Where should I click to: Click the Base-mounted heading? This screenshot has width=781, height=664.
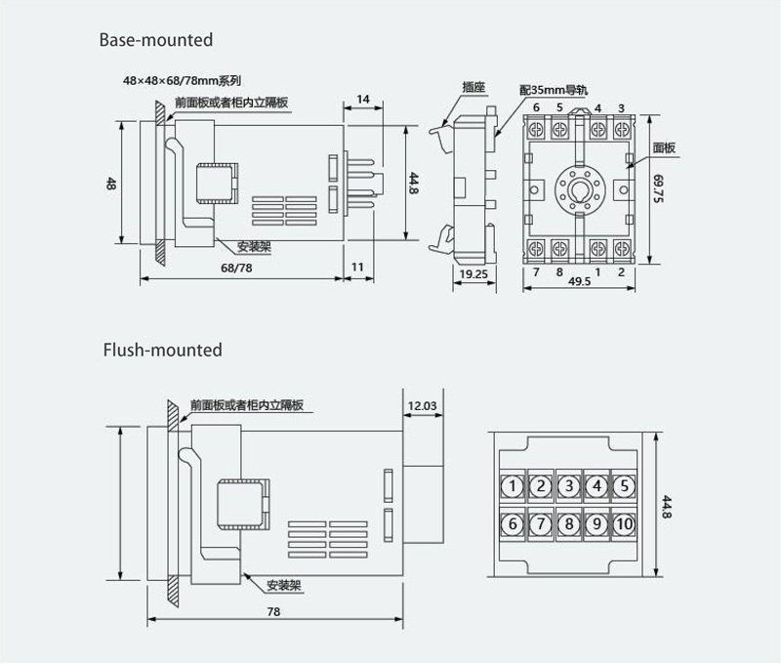pyautogui.click(x=156, y=40)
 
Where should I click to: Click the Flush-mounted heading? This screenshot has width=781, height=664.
pyautogui.click(x=162, y=350)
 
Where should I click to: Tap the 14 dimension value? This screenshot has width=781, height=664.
pyautogui.click(x=363, y=100)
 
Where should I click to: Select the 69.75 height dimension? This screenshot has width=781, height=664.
pyautogui.click(x=658, y=188)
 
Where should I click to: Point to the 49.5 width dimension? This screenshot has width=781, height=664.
pyautogui.click(x=579, y=281)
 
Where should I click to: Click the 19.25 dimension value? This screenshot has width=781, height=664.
pyautogui.click(x=473, y=274)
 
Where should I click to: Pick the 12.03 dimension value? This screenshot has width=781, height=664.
pyautogui.click(x=422, y=406)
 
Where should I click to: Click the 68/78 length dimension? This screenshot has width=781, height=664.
pyautogui.click(x=236, y=268)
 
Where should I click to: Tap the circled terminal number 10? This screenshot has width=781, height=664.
pyautogui.click(x=624, y=524)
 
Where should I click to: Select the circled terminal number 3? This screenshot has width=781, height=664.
pyautogui.click(x=569, y=485)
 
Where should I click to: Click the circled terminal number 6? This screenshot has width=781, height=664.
pyautogui.click(x=513, y=524)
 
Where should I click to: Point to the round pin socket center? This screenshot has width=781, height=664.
pyautogui.click(x=579, y=189)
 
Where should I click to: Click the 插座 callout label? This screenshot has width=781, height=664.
pyautogui.click(x=473, y=87)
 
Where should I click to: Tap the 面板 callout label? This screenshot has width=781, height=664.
pyautogui.click(x=664, y=147)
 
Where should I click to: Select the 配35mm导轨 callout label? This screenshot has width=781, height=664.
pyautogui.click(x=554, y=90)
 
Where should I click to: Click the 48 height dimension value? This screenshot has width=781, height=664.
pyautogui.click(x=110, y=184)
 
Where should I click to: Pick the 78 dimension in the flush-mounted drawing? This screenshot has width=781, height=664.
pyautogui.click(x=273, y=611)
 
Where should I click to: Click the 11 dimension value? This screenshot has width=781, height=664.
pyautogui.click(x=357, y=267)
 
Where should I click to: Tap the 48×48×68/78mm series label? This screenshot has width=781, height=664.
pyautogui.click(x=183, y=80)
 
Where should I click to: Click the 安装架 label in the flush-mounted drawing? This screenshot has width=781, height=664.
pyautogui.click(x=284, y=585)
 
